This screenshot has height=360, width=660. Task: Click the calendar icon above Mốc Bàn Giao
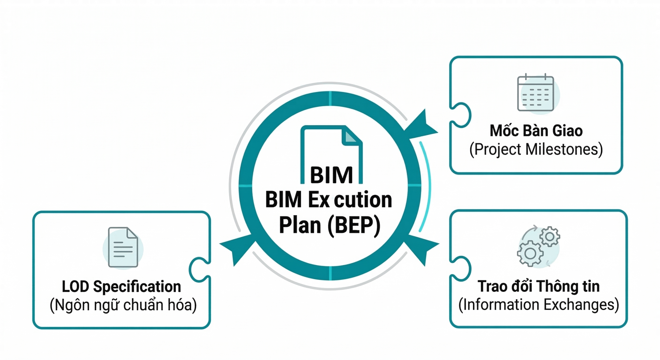536,94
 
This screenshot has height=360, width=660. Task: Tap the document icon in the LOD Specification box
123,247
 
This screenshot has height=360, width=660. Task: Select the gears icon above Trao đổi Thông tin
538,246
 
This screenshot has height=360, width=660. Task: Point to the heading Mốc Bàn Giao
536,131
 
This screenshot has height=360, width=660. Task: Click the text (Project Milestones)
536,149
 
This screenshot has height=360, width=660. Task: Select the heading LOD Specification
121,287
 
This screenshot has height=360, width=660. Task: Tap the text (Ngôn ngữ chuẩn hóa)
123,305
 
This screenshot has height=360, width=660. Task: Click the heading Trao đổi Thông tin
538,286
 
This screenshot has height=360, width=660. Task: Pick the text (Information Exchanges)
538,304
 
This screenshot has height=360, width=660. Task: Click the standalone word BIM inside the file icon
331,175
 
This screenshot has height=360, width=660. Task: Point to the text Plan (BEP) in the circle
329,225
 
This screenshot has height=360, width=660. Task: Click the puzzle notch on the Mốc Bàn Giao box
461,115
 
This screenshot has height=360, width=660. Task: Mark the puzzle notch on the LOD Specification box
200,270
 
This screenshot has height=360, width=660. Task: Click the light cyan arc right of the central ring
427,186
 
